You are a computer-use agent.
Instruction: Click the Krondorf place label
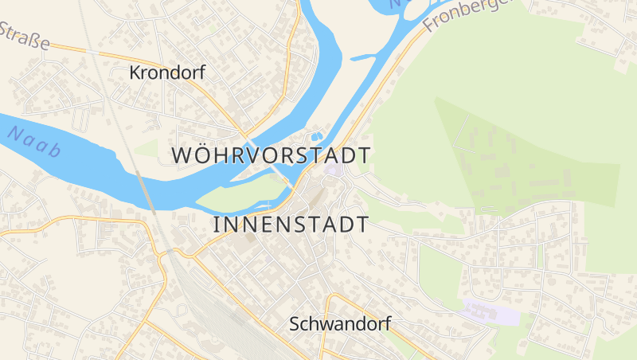coord(167,73)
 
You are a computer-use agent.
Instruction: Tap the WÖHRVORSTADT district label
coord(272,155)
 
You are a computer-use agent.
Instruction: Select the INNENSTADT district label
coord(291,225)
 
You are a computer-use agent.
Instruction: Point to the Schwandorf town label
coord(340,324)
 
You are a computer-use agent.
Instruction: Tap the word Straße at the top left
coord(24,36)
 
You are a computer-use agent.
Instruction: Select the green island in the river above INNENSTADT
coord(239,194)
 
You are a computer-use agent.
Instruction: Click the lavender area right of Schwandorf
coord(490,313)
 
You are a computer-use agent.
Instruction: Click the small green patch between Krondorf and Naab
coord(147,148)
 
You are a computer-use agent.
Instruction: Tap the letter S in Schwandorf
coord(295,324)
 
